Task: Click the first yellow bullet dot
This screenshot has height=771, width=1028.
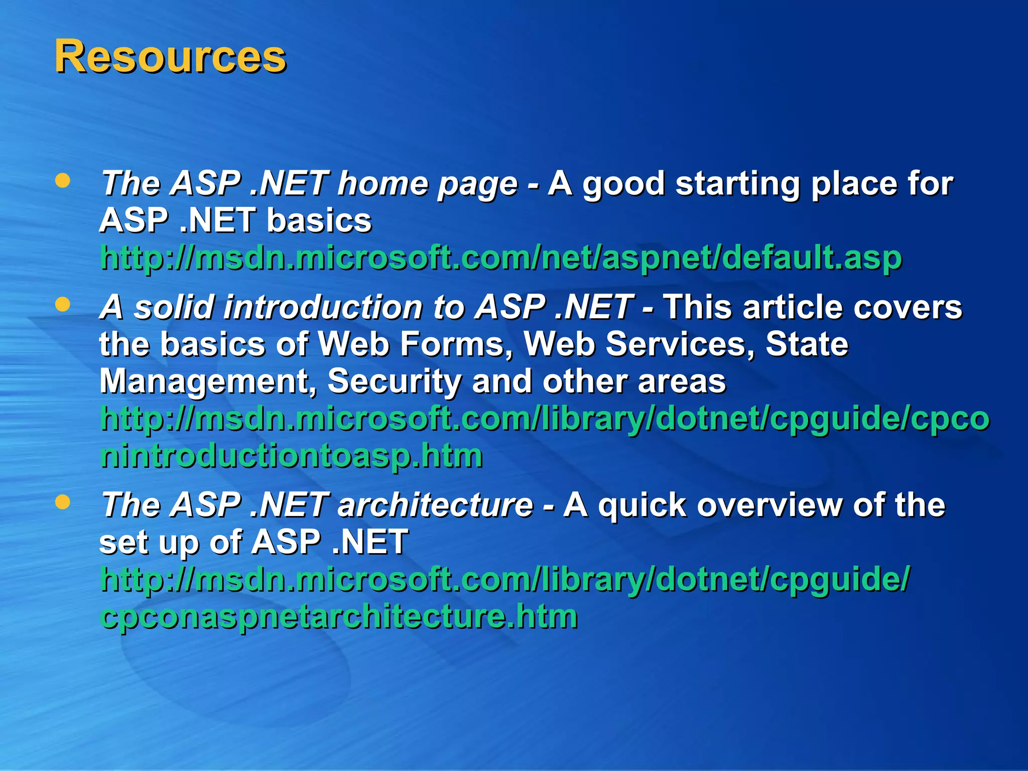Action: coord(62,181)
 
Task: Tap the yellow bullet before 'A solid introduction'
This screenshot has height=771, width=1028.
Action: coord(62,304)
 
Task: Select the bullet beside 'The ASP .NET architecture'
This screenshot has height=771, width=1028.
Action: coord(62,502)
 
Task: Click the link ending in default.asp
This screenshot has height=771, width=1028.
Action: coord(500,258)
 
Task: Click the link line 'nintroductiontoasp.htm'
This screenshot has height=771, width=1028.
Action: coord(291,456)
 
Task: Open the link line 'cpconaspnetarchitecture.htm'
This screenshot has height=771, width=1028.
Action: coord(339,616)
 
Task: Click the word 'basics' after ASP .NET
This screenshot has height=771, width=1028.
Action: coord(319,221)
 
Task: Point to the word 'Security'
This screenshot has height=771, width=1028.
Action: coord(394,381)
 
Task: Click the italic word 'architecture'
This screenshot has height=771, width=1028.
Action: coord(435,505)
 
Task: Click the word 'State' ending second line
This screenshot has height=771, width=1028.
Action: coord(807,344)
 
